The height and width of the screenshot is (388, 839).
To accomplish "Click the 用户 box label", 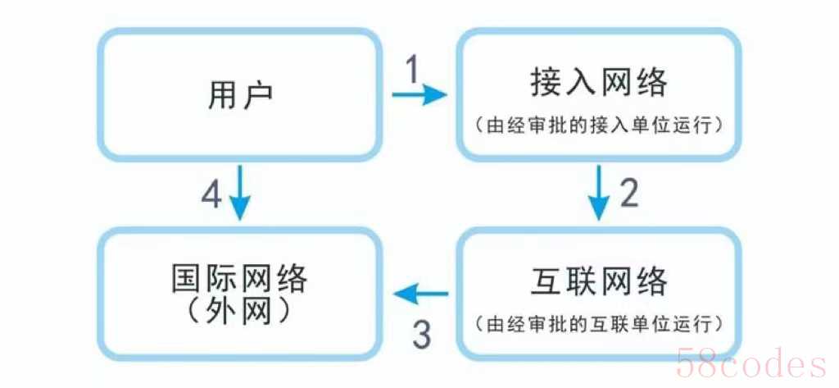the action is click(240, 95).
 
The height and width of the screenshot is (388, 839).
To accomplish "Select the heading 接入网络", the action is click(599, 83).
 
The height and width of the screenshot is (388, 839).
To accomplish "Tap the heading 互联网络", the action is click(599, 281).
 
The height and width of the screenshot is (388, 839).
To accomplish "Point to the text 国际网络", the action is click(239, 278).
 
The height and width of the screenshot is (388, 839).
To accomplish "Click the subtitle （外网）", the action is click(239, 312).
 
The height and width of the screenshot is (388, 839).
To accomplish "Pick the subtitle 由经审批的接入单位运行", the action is click(599, 126).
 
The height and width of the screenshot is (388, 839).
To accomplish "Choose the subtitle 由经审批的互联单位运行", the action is click(599, 324).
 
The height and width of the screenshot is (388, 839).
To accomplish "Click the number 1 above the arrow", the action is click(413, 70).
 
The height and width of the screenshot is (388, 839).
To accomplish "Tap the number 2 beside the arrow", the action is click(628, 193).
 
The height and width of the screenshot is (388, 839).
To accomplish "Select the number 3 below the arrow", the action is click(422, 335).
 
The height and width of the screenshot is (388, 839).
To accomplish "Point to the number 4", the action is click(211, 194).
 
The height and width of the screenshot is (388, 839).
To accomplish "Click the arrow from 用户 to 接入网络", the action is click(419, 95).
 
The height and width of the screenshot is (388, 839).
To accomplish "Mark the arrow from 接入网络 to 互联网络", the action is click(599, 193).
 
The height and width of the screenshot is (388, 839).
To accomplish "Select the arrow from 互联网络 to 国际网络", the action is click(421, 293).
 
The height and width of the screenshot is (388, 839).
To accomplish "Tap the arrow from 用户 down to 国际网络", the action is click(240, 193).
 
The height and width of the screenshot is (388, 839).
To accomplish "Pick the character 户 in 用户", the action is click(256, 95).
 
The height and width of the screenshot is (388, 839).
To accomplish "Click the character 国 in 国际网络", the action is click(188, 278).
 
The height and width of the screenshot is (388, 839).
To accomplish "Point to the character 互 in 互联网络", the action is click(546, 281).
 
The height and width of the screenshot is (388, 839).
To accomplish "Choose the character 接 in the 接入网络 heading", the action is click(546, 83).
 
